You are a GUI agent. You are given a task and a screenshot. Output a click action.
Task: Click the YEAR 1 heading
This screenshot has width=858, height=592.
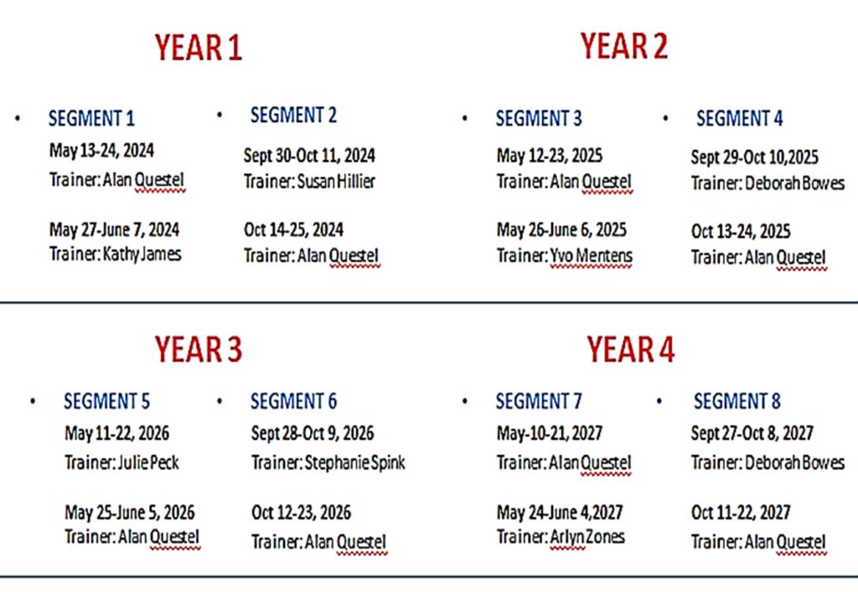pos(198,47)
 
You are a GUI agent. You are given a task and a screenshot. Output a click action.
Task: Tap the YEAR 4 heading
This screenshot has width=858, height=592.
pos(630,349)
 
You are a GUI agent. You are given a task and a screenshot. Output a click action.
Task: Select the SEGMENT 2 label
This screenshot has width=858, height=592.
pos(293,116)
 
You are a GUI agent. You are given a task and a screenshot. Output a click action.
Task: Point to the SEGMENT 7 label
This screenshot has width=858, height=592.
pos(539,401)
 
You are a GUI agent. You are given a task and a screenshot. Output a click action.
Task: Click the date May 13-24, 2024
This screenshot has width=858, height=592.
pos(101,151)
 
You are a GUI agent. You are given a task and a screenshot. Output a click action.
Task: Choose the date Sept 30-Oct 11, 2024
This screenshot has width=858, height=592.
pos(309,155)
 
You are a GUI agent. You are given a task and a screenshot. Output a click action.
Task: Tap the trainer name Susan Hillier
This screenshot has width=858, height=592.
pos(337,182)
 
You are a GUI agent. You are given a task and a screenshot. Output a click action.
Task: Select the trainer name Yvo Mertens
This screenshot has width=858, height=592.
pos(591,255)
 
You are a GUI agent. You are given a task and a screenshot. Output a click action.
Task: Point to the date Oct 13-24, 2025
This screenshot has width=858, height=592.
pos(741,231)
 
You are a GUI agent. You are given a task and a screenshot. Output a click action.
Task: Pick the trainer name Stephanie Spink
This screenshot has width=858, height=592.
pos(354,462)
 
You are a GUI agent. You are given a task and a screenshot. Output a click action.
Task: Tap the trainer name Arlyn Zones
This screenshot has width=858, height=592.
pos(587,537)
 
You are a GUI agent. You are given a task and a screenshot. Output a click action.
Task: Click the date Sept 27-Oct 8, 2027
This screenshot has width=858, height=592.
pos(752,434)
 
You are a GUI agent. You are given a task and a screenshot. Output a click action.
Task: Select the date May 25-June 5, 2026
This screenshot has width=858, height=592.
pos(130,512)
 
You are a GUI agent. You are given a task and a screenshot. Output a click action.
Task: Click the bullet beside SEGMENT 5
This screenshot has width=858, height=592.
pos(33,401)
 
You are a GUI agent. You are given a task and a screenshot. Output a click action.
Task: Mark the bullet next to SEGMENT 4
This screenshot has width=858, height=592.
pos(665,118)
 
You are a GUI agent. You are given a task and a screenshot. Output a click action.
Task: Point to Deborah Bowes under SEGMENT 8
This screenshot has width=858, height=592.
pos(794,462)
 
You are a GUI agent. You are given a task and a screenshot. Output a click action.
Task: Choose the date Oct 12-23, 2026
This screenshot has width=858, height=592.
pos(301,512)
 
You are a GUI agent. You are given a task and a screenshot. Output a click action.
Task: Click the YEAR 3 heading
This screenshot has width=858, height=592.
pos(198,349)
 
